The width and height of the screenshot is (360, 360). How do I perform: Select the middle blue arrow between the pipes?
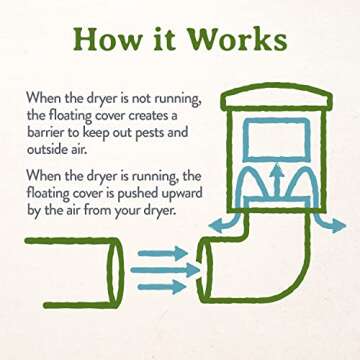click(158, 269)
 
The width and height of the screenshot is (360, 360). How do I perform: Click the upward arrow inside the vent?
click(283, 182)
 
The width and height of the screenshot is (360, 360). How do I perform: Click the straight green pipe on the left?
click(70, 269)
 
